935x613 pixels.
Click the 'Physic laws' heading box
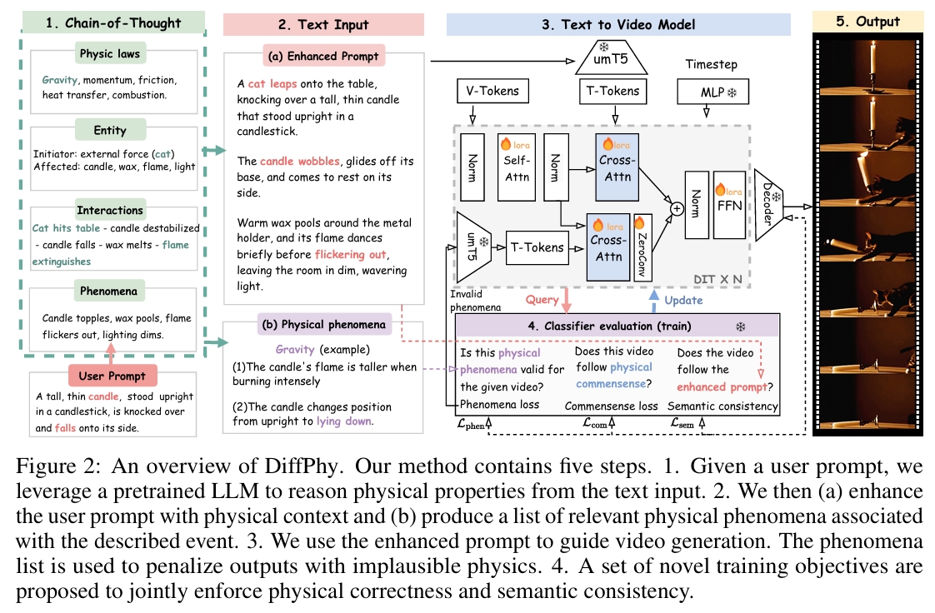[x=108, y=55]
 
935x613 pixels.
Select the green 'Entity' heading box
[x=110, y=131]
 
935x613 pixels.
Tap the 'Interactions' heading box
[x=110, y=210]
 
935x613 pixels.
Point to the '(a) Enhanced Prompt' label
[x=322, y=57]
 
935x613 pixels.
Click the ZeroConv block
[x=642, y=249]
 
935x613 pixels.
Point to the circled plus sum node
[x=677, y=209]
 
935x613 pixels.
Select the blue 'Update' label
[x=682, y=300]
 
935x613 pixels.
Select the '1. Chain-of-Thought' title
[x=110, y=22]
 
